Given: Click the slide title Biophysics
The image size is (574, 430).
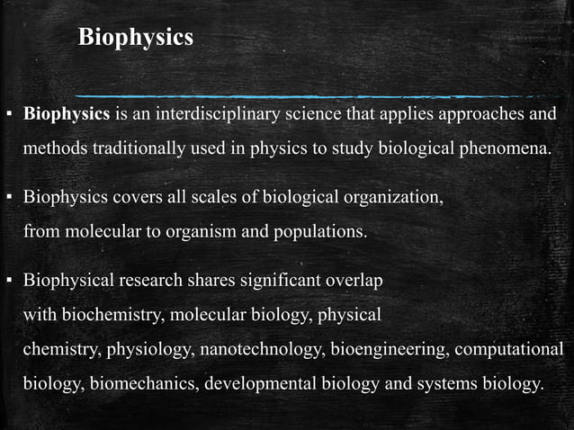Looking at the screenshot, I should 136,38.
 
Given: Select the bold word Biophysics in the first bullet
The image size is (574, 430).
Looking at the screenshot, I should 67,115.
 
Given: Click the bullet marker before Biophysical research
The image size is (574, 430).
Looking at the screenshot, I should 9,282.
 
